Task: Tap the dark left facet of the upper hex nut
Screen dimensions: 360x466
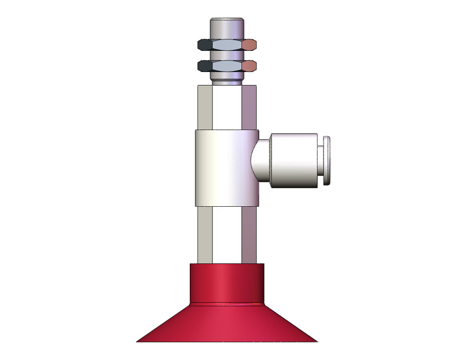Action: (204, 45)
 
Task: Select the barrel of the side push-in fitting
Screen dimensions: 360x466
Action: (293, 160)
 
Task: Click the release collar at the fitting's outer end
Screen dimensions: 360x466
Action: (327, 160)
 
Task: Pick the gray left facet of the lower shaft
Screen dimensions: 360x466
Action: (204, 234)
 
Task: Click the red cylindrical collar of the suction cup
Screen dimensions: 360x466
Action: (227, 283)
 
